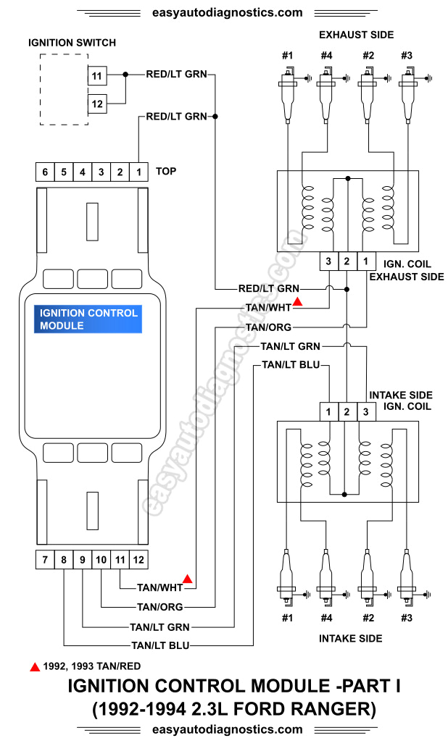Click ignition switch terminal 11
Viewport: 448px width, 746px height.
tap(96, 75)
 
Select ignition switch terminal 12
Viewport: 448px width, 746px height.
tap(96, 104)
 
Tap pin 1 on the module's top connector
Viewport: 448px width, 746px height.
tap(138, 172)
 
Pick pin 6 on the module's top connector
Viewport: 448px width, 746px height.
tap(45, 172)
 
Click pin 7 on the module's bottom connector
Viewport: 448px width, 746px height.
tap(45, 559)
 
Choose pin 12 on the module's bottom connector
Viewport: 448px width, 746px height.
tap(138, 559)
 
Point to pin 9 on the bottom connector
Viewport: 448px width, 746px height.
tap(83, 559)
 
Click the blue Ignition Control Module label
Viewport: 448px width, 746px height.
tap(88, 319)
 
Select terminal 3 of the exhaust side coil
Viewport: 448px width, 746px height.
tap(328, 261)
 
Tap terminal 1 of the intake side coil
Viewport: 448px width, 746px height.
tap(328, 412)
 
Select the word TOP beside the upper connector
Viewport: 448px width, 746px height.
tap(166, 172)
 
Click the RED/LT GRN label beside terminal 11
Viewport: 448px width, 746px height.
tap(176, 74)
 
